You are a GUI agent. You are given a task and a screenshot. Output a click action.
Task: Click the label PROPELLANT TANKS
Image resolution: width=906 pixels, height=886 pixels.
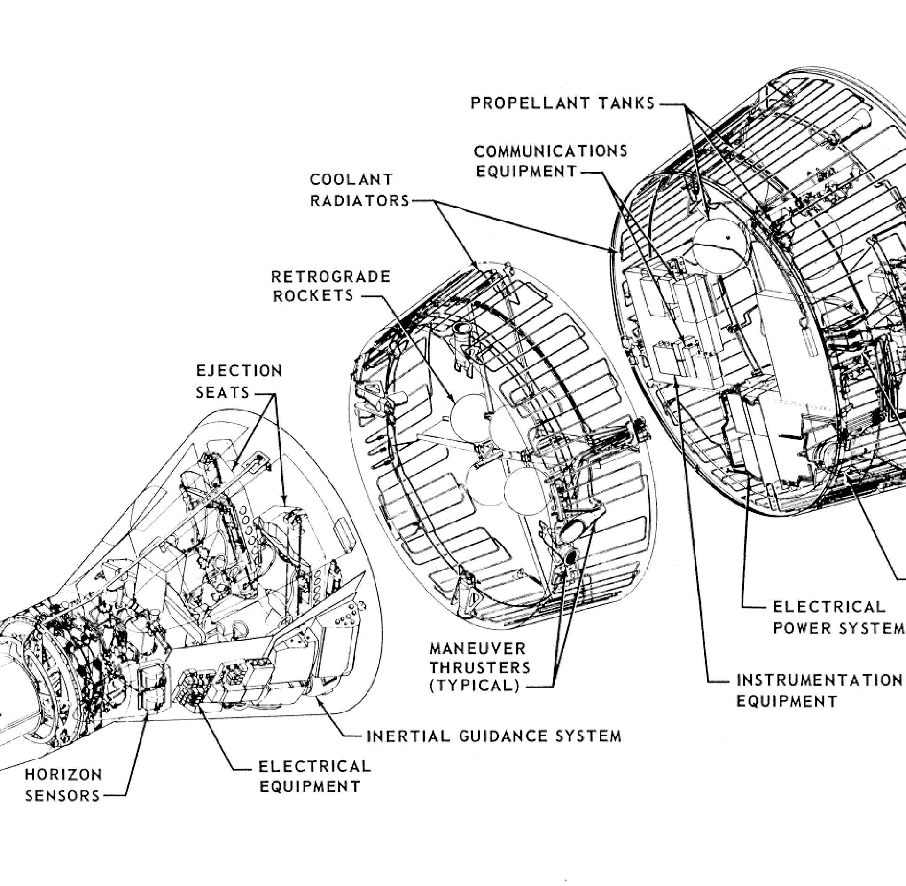[562, 103]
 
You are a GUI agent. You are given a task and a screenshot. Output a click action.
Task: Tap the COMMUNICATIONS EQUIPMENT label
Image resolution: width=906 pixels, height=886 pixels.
[550, 161]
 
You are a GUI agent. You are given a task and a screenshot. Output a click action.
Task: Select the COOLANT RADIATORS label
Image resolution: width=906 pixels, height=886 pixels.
[359, 190]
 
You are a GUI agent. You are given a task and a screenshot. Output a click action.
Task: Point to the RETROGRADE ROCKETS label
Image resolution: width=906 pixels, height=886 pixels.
[331, 285]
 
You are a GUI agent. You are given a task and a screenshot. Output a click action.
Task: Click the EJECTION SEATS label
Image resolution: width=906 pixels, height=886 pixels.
[239, 381]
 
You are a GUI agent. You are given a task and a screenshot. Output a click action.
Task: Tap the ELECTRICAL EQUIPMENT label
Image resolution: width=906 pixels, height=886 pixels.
[315, 776]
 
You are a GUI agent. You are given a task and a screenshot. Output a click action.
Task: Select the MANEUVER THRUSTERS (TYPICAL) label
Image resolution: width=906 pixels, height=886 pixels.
[480, 667]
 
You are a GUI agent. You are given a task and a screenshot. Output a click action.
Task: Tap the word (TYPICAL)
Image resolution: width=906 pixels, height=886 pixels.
[475, 686]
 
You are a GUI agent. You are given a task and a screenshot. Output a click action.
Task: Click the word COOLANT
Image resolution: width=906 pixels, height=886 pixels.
[351, 180]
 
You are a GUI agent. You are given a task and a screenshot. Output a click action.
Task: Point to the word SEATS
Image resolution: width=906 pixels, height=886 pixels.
[222, 391]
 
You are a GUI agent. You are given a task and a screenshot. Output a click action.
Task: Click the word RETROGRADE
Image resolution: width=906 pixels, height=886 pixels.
[331, 276]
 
